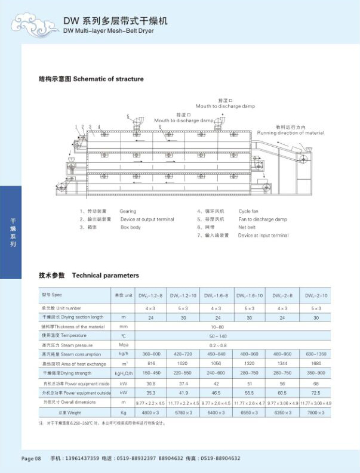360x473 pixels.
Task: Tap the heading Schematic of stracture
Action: (108, 79)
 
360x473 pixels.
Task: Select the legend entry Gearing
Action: (128, 211)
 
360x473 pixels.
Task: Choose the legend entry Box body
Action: (130, 227)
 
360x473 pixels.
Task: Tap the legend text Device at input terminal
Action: (263, 236)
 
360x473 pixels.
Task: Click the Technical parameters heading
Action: (105, 276)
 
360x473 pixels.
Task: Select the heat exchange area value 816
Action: (150, 363)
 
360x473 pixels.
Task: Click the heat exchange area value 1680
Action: (316, 363)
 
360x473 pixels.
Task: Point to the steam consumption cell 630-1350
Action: (316, 354)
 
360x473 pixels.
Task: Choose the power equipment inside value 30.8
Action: (150, 384)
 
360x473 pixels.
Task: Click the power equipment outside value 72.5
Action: (316, 393)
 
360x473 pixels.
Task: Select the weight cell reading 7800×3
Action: (316, 412)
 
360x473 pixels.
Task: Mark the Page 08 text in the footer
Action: (31, 458)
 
